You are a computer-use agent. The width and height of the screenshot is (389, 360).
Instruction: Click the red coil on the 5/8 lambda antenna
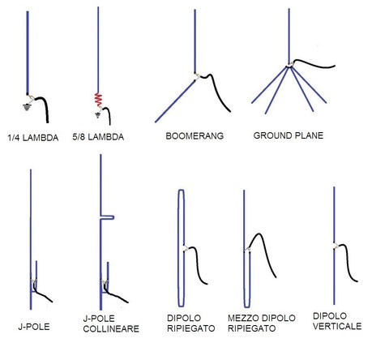(x=98, y=100)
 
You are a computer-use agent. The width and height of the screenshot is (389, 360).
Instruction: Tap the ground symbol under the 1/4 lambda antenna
(x=26, y=107)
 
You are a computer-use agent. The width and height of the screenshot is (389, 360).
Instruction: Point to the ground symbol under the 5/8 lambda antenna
(x=98, y=115)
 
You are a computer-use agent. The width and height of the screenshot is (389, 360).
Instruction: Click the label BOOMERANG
(x=194, y=135)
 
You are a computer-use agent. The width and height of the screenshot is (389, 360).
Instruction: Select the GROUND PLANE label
(x=289, y=135)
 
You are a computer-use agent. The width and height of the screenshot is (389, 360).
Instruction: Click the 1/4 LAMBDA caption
(x=33, y=138)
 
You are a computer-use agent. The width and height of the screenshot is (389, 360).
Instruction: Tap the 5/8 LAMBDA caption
(x=98, y=137)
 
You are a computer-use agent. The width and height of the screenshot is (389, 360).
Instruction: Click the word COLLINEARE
(x=111, y=328)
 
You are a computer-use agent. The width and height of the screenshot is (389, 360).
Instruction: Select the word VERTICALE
(x=337, y=326)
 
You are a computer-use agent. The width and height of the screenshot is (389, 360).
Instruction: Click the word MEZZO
(x=241, y=318)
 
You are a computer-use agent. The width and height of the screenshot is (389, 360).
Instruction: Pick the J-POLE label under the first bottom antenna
(x=34, y=327)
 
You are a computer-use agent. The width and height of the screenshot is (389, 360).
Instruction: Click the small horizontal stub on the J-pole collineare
(x=107, y=217)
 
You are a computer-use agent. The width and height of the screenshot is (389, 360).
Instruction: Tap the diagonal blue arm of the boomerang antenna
(x=175, y=101)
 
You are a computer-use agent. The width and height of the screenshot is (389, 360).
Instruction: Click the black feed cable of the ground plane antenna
(x=314, y=64)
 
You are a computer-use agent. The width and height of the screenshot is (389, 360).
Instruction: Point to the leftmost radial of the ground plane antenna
(x=269, y=85)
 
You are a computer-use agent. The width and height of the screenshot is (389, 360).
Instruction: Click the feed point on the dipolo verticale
(x=336, y=246)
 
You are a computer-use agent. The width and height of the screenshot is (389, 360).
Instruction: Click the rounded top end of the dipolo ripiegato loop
(x=182, y=191)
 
